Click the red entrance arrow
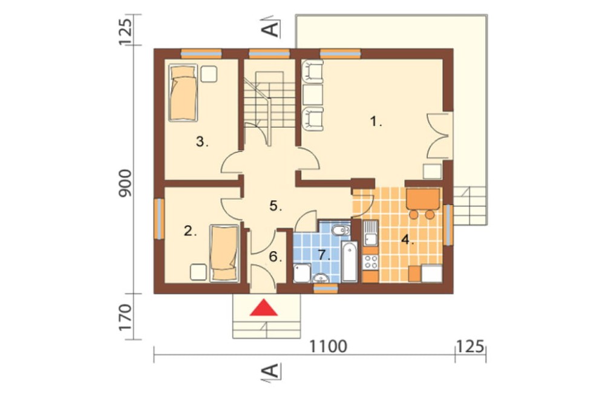click(264, 307)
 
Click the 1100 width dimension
click(329, 346)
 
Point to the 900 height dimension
click(125, 183)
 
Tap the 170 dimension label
click(125, 317)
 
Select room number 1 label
click(376, 122)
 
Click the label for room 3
click(202, 142)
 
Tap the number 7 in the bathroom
click(323, 255)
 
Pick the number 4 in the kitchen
click(407, 240)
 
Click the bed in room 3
click(183, 93)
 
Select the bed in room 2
click(224, 253)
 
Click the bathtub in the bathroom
click(350, 261)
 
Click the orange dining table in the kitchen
click(423, 199)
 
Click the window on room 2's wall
click(159, 218)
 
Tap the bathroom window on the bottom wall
click(325, 288)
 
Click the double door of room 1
click(438, 136)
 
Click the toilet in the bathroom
click(342, 231)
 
